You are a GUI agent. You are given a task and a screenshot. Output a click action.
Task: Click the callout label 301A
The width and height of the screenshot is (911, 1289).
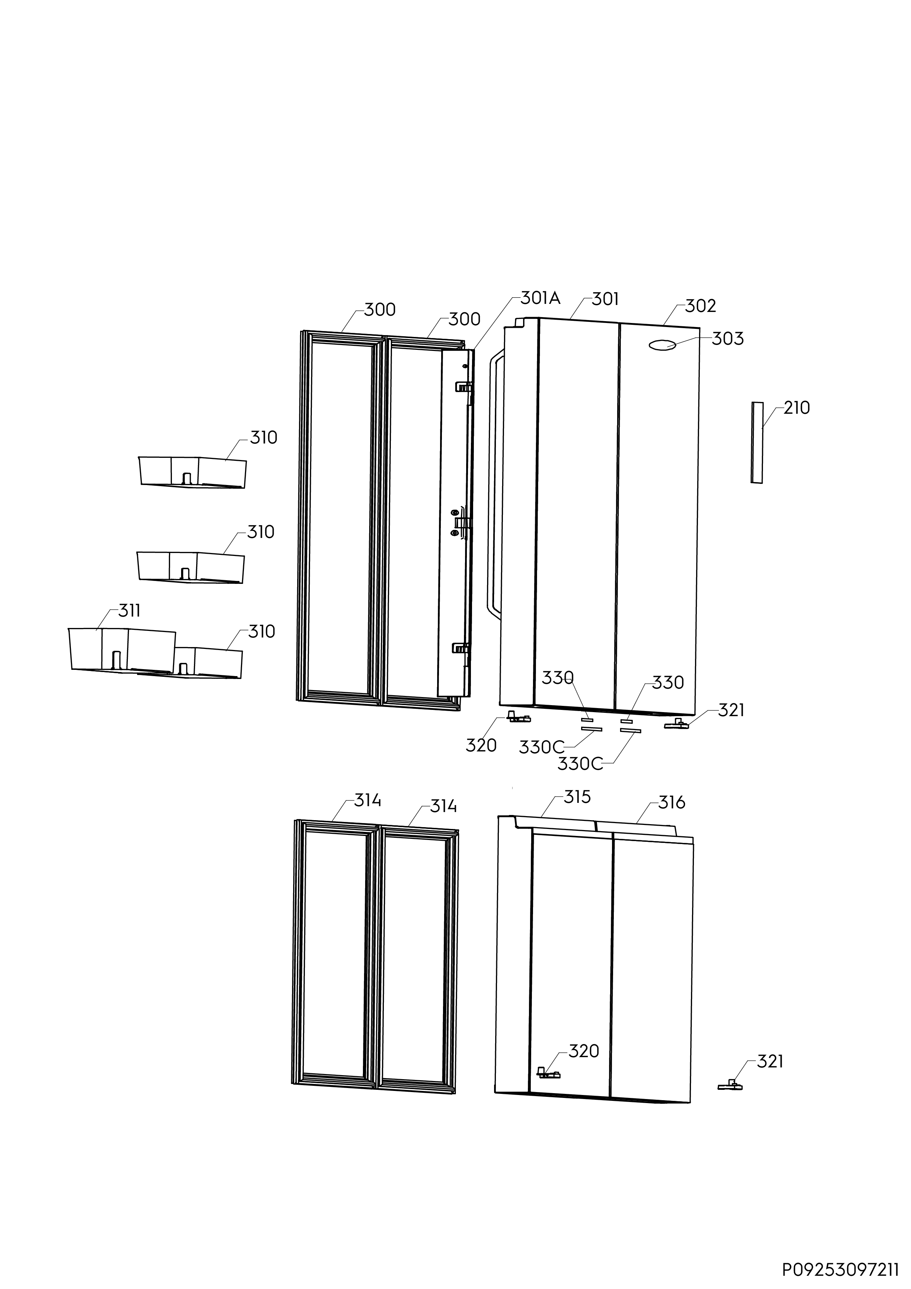click(x=540, y=298)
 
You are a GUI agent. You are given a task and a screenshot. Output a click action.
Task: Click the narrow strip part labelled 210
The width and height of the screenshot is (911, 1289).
click(x=757, y=442)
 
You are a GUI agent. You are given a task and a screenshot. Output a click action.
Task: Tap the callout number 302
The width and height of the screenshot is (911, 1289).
click(x=701, y=306)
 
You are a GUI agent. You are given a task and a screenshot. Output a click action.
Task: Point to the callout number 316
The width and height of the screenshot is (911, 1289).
click(x=671, y=803)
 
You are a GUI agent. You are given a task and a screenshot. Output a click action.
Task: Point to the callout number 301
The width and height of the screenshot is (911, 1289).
click(x=605, y=299)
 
